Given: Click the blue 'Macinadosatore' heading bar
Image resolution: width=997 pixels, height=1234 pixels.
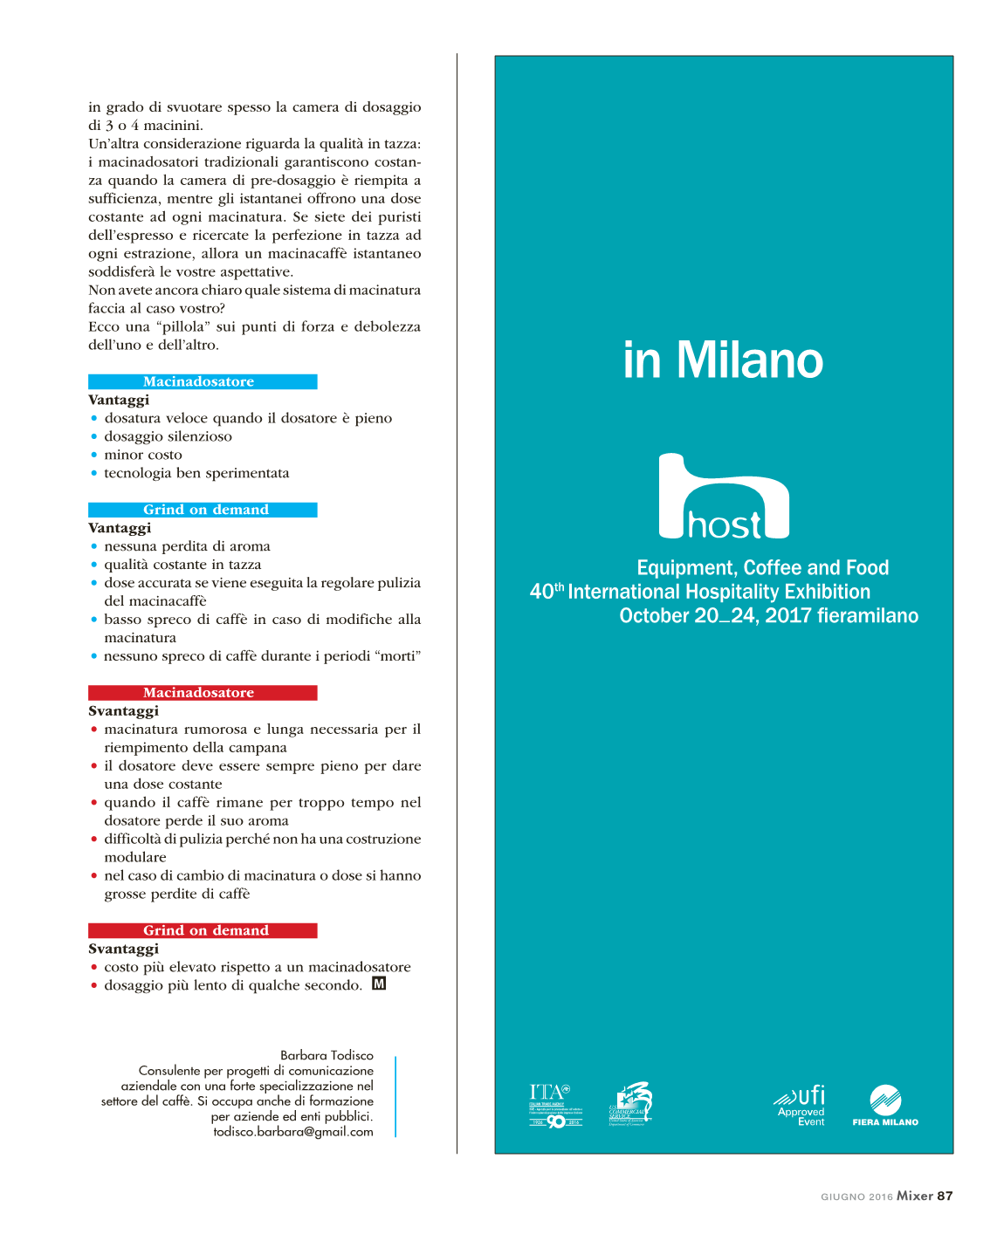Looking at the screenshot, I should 203,382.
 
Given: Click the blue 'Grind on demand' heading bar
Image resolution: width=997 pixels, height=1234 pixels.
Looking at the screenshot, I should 203,510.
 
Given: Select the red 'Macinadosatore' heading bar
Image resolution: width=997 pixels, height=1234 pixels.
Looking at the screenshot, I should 203,693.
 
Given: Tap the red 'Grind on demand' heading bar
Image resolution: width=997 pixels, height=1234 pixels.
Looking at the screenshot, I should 203,930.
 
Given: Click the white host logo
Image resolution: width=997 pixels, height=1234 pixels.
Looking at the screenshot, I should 724,497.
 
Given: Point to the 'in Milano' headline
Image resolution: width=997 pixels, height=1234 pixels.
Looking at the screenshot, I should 723,360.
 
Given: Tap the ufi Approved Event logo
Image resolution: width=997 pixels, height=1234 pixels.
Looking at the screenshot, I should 801,1106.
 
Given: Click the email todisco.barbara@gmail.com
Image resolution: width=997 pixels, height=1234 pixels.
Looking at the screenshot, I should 293,1132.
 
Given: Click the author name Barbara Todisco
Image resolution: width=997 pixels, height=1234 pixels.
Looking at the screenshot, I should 327,1056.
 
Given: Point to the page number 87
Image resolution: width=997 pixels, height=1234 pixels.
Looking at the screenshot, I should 945,1196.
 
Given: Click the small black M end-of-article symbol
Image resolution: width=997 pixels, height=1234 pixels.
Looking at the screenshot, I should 379,984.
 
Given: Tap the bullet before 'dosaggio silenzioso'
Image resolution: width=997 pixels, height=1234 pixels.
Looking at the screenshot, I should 94,437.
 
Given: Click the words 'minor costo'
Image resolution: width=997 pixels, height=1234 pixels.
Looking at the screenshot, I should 143,455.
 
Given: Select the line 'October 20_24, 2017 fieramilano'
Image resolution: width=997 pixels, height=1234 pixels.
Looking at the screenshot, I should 768,616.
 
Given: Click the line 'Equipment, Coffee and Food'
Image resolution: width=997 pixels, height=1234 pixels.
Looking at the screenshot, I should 762,568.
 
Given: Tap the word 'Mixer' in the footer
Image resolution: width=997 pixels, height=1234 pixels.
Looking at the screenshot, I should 915,1196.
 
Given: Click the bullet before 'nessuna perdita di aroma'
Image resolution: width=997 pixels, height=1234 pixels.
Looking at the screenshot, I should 94,547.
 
